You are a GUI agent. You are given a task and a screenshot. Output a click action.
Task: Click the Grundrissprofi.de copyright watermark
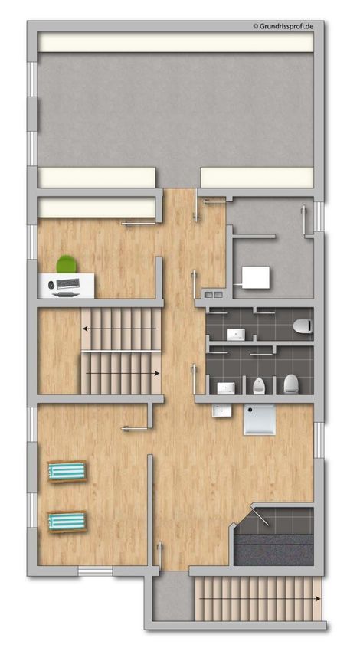tap(283, 26)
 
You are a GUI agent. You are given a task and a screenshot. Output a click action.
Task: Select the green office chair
tap(67, 264)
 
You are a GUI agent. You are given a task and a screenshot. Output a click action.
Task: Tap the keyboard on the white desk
tap(67, 283)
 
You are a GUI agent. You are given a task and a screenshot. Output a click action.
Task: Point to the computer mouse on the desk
tap(51, 285)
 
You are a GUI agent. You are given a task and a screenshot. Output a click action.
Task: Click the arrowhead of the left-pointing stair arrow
tap(85, 329)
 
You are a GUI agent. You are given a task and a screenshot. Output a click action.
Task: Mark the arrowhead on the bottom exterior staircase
tap(318, 599)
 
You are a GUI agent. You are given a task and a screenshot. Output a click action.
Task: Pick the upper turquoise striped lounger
tap(67, 471)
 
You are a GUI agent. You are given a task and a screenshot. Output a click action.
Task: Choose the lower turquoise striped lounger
tap(67, 522)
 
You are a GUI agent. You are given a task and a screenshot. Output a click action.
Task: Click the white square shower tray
tap(260, 420)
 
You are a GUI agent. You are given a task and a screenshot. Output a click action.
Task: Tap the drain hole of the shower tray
tap(250, 409)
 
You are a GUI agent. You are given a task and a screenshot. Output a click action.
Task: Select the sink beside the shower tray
tap(221, 411)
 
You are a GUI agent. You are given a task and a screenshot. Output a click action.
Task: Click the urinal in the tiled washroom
tap(258, 386)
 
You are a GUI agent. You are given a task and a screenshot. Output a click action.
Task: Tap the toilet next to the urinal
tap(290, 384)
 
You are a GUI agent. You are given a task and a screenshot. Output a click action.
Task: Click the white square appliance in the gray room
tap(256, 277)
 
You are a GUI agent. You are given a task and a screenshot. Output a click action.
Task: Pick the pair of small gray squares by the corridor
tap(213, 295)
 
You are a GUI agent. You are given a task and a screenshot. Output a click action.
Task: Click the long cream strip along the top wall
tap(175, 42)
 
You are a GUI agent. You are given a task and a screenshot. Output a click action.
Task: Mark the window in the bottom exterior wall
tap(95, 571)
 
